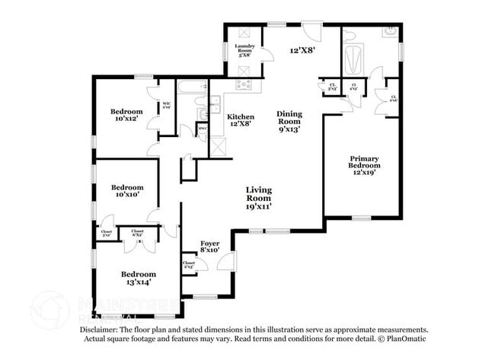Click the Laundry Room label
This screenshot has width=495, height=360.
pyautogui.click(x=245, y=50)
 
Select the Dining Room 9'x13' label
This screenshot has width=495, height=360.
pyautogui.click(x=289, y=121)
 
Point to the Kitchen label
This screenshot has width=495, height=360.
pyautogui.click(x=241, y=120)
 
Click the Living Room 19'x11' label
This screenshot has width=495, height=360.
pyautogui.click(x=259, y=198)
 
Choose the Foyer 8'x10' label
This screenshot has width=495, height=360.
pyautogui.click(x=209, y=245)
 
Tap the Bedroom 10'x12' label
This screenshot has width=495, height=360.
pyautogui.click(x=126, y=116)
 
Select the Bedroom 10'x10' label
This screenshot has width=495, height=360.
pyautogui.click(x=127, y=191)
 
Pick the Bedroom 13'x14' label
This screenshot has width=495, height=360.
pyautogui.click(x=138, y=278)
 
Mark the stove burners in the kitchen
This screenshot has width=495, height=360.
pyautogui.click(x=243, y=84)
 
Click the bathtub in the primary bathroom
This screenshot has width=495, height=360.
pyautogui.click(x=353, y=59)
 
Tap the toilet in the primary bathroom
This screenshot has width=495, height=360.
pyautogui.click(x=389, y=33)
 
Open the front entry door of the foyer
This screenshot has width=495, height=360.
pyautogui.click(x=225, y=263)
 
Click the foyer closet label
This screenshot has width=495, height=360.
pyautogui.click(x=188, y=265)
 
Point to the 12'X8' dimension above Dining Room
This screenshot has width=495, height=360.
pyautogui.click(x=302, y=50)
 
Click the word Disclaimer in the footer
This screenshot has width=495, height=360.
pyautogui.click(x=101, y=330)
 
